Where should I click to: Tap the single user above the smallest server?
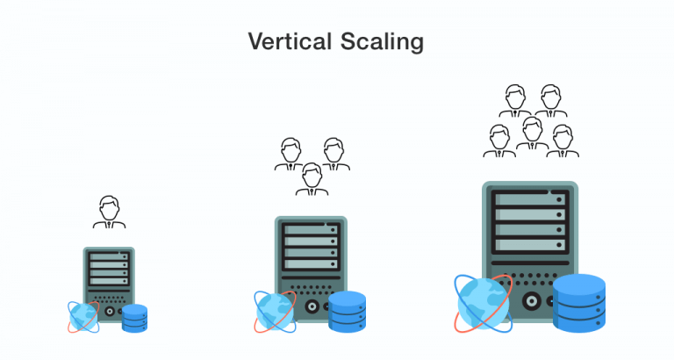(x=110, y=213)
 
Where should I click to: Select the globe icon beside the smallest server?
(x=82, y=316)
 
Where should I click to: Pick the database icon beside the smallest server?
(x=134, y=318)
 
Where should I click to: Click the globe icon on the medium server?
(x=276, y=310)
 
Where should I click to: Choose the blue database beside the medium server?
(x=347, y=311)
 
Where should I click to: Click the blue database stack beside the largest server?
(x=579, y=304)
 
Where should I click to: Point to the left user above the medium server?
(x=290, y=155)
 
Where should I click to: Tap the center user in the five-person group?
(x=531, y=133)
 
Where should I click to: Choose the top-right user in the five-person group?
(x=551, y=101)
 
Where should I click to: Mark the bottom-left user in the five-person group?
(x=498, y=141)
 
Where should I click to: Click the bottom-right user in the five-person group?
(x=563, y=141)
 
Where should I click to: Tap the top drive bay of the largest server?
(x=530, y=200)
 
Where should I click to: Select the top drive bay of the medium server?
(x=311, y=230)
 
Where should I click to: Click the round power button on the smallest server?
(x=110, y=310)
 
